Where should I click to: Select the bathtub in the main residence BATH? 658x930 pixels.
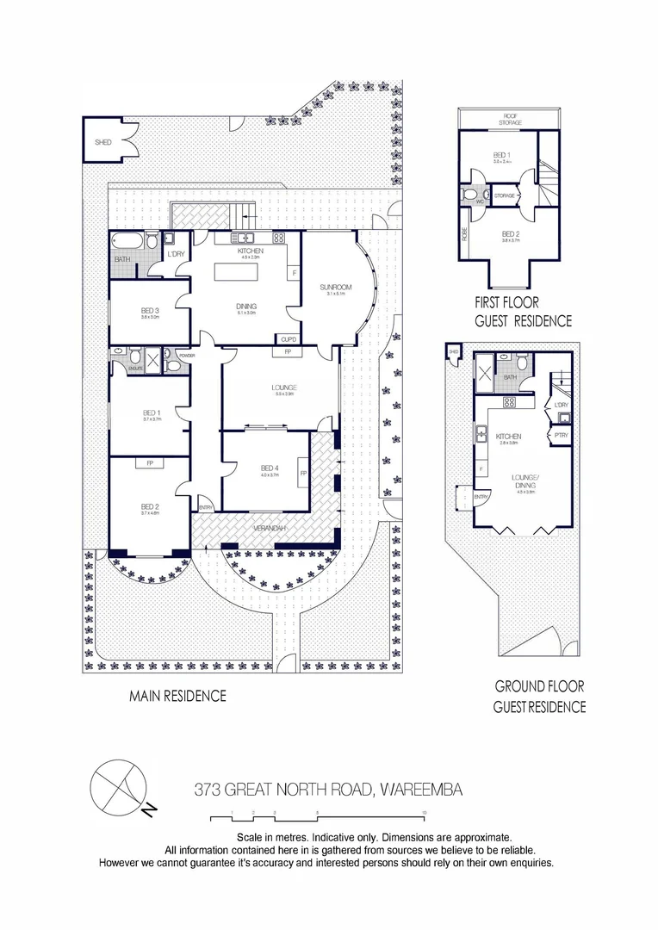tap(124, 240)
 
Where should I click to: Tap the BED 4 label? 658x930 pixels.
tap(270, 468)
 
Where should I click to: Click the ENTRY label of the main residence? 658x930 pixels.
tap(205, 508)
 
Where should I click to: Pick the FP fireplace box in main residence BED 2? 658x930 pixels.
tap(149, 462)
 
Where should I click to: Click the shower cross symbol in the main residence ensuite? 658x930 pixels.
tap(155, 360)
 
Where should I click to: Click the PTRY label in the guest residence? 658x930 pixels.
tap(561, 436)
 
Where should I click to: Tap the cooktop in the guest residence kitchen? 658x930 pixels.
tap(509, 401)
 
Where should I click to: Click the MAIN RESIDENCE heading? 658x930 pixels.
tap(177, 696)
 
